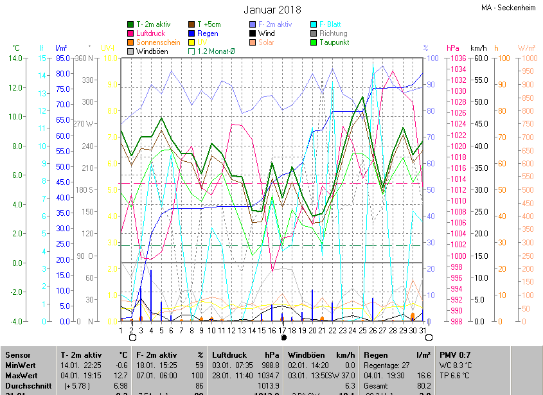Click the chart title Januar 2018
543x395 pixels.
coord(272,10)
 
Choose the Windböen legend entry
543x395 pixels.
coord(151,51)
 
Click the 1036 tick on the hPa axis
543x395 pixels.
coord(458,58)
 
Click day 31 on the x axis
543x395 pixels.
coord(422,330)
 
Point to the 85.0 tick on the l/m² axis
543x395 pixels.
coord(62,58)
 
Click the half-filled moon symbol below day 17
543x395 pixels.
coord(283,337)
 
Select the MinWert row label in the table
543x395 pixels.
coord(21,365)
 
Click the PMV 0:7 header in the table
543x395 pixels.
coord(455,355)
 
